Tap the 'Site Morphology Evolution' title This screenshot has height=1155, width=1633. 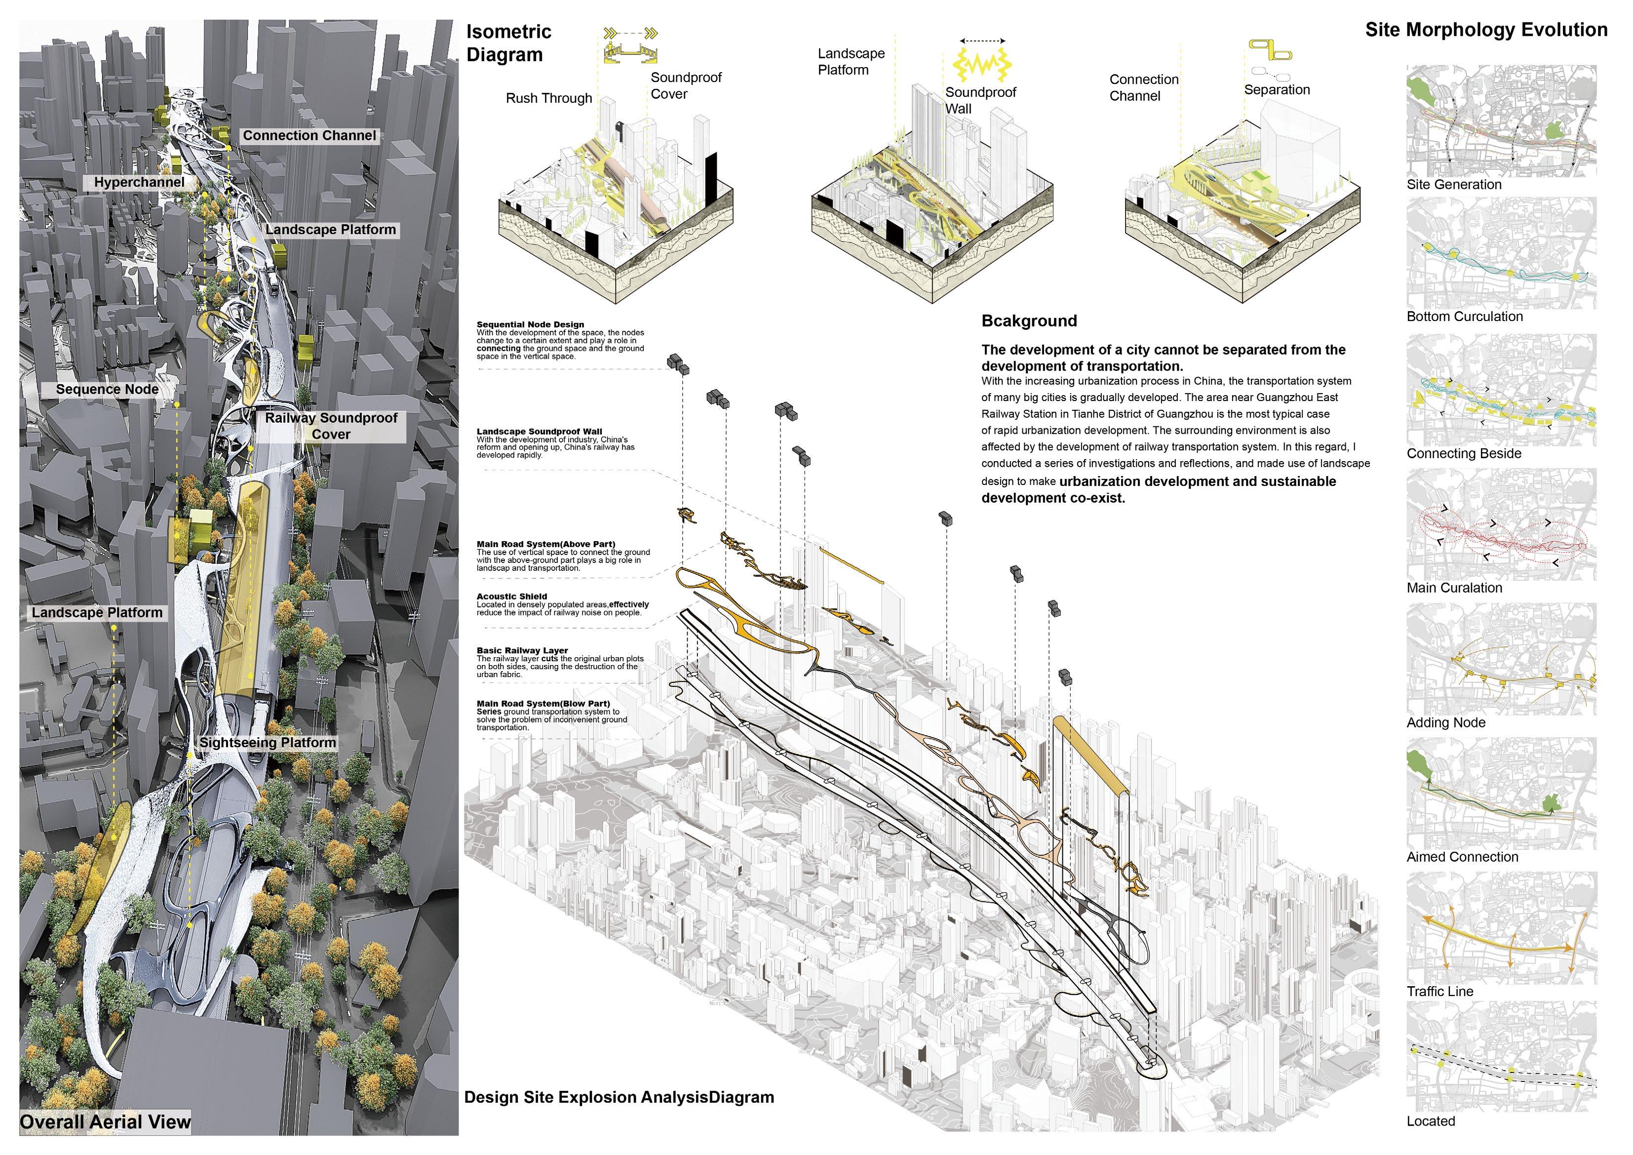pyautogui.click(x=1486, y=30)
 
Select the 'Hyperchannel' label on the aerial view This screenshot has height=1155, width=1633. pyautogui.click(x=139, y=182)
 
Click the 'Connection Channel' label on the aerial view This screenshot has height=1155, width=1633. pyautogui.click(x=310, y=135)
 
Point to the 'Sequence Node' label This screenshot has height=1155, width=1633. pyautogui.click(x=108, y=389)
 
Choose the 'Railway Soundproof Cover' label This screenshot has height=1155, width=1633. pyautogui.click(x=331, y=426)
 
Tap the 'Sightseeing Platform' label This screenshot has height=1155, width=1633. pyautogui.click(x=268, y=742)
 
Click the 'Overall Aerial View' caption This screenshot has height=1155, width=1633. pyautogui.click(x=105, y=1122)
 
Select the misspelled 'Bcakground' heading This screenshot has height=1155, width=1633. pyautogui.click(x=1029, y=321)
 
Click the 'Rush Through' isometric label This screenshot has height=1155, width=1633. pyautogui.click(x=548, y=98)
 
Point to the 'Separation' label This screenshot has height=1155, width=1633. pyautogui.click(x=1277, y=90)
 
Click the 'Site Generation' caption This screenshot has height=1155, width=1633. pyautogui.click(x=1454, y=184)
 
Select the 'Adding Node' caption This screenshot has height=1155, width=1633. pyautogui.click(x=1446, y=722)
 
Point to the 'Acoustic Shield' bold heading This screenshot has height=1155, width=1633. pyautogui.click(x=512, y=597)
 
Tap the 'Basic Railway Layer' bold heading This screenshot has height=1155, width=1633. pyautogui.click(x=522, y=650)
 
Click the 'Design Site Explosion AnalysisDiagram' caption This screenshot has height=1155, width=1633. pyautogui.click(x=619, y=1097)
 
